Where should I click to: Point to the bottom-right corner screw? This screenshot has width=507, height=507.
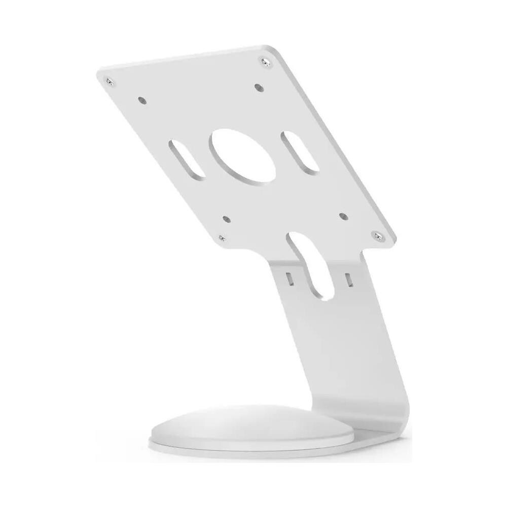click(x=376, y=234)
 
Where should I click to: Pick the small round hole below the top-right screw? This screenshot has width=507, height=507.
click(x=260, y=87)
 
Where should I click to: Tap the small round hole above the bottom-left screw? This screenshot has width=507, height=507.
click(x=226, y=220)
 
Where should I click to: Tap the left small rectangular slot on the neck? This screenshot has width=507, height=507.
click(x=289, y=278)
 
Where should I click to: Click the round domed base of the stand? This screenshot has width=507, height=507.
click(x=233, y=426)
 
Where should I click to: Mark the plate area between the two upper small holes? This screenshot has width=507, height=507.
click(x=200, y=91)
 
